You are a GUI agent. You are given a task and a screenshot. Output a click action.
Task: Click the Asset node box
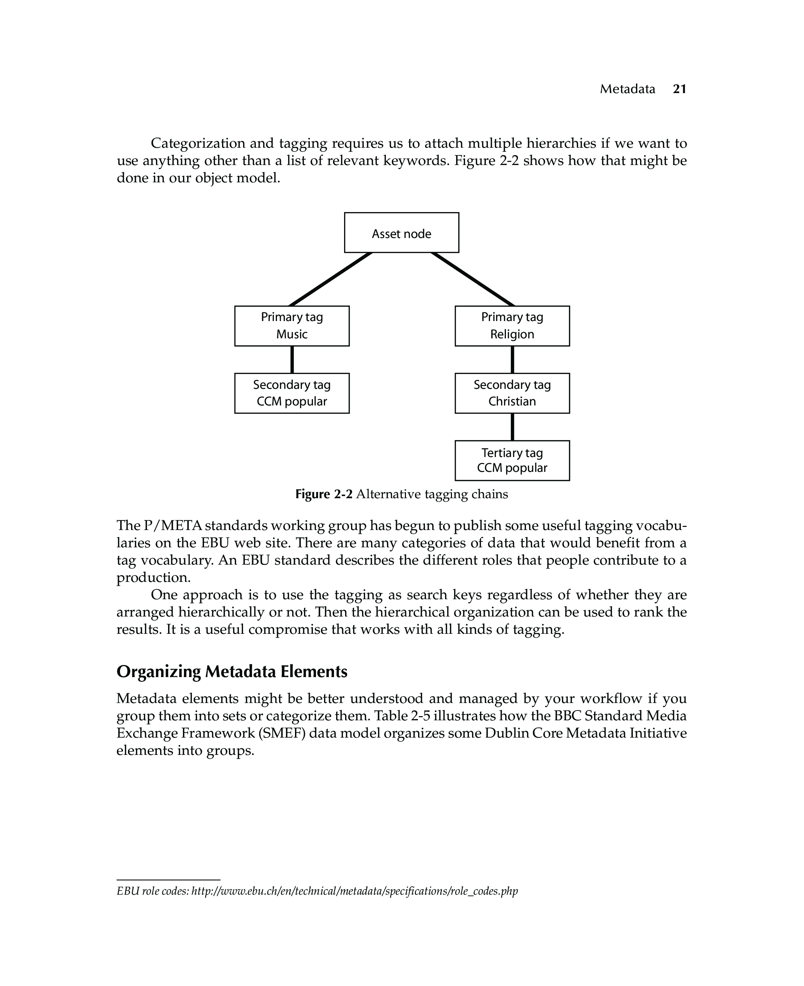click(401, 232)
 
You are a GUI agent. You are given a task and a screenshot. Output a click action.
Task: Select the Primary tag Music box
click(292, 326)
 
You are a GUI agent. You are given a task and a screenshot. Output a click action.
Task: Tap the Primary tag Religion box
click(512, 326)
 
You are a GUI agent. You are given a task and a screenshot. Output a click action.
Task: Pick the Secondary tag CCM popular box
click(292, 393)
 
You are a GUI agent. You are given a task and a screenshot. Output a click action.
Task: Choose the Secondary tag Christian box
click(512, 393)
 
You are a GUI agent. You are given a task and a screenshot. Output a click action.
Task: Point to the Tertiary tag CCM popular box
click(512, 460)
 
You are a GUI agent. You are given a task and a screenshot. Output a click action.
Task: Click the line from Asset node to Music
click(331, 280)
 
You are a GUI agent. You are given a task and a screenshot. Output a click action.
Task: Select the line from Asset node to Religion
click(473, 280)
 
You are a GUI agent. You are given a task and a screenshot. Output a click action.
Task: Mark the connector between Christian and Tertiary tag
click(512, 427)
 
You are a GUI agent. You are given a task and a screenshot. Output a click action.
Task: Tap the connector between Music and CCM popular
click(292, 359)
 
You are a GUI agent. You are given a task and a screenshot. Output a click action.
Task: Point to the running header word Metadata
click(628, 89)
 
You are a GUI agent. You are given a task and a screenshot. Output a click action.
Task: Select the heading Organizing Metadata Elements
click(232, 672)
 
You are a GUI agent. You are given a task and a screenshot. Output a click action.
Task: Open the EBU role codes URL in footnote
click(354, 891)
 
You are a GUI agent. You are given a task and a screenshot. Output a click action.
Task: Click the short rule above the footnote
click(168, 879)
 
